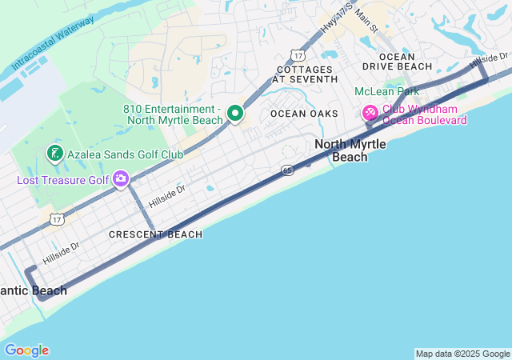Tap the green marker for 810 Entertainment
[235, 114]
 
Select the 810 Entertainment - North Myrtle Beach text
[173, 114]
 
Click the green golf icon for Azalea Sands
[54, 153]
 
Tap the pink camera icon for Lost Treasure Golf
[121, 178]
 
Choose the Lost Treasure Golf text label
[62, 179]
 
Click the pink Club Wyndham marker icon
[370, 113]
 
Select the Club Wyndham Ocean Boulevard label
[425, 114]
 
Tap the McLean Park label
[386, 91]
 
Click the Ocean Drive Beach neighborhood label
[397, 62]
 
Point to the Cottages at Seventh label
[305, 74]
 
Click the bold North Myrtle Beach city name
[350, 150]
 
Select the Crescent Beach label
[155, 234]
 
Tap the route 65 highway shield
[286, 170]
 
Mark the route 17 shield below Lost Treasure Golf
[56, 218]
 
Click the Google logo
[26, 350]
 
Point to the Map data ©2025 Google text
[462, 354]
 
